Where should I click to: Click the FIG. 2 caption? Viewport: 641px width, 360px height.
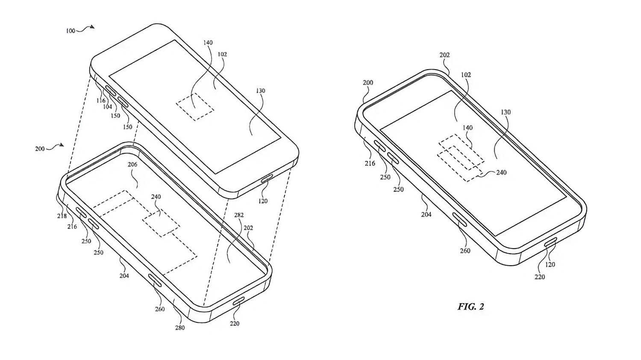(x=471, y=307)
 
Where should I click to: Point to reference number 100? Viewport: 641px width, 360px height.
(x=71, y=31)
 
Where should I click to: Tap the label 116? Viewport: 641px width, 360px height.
(x=101, y=100)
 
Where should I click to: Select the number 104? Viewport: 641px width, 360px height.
(x=107, y=106)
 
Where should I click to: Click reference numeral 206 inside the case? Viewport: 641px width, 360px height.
(x=132, y=164)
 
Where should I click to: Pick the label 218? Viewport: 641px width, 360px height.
(x=62, y=216)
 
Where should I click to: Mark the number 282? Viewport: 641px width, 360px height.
(x=238, y=215)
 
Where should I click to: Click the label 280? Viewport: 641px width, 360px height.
(x=180, y=328)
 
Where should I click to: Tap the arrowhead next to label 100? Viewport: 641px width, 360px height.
(x=92, y=27)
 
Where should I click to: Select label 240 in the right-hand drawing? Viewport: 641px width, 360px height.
(x=501, y=173)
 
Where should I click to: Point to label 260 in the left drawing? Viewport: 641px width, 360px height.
(x=160, y=309)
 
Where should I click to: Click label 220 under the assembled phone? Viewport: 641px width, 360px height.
(x=540, y=277)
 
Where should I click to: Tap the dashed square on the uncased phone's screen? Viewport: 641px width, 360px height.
(x=194, y=106)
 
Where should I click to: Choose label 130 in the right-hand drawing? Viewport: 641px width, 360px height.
(x=506, y=112)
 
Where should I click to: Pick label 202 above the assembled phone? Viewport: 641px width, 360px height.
(x=444, y=55)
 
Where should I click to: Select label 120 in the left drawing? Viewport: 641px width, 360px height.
(x=263, y=201)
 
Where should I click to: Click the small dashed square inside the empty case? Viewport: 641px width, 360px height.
(x=161, y=222)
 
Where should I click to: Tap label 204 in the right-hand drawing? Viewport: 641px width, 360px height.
(x=426, y=214)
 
